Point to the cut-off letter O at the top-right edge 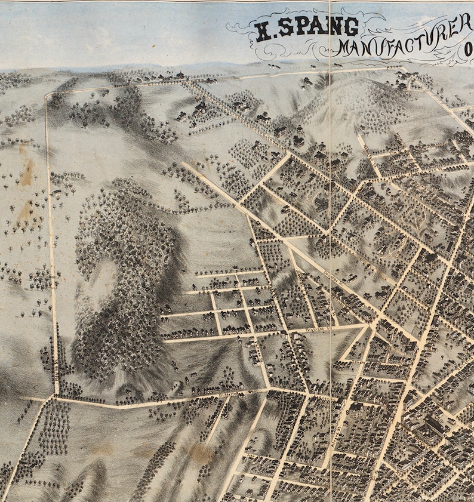coord(469,56)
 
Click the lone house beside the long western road coord(57,192)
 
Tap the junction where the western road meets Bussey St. coord(56,395)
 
